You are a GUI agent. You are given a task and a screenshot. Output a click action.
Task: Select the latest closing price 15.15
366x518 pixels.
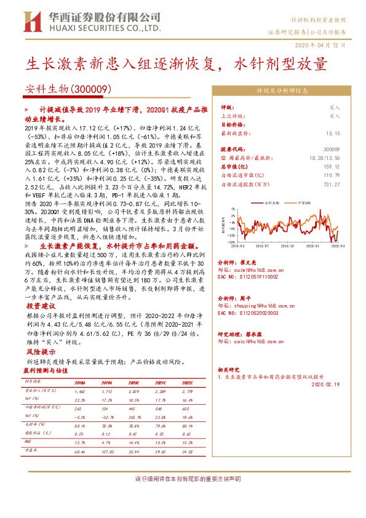(333, 132)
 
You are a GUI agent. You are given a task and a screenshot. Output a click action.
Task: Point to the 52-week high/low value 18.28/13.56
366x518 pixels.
(324, 157)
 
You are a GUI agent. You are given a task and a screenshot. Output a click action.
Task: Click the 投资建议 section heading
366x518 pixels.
(42, 305)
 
